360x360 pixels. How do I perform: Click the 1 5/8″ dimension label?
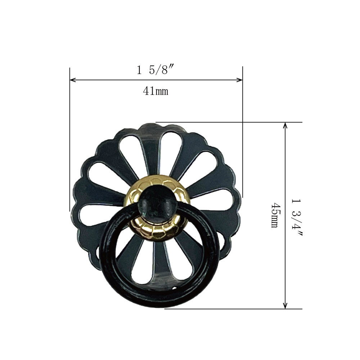pos(155,70)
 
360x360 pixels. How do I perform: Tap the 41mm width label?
pos(156,91)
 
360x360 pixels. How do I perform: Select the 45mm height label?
pos(275,215)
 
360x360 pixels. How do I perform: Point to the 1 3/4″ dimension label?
pos(297,217)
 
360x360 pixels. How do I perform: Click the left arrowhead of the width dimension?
pos(73,80)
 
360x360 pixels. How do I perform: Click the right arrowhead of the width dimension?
pos(240,80)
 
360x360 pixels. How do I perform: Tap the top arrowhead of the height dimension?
pos(285,125)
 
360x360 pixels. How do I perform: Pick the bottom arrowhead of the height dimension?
pos(285,306)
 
